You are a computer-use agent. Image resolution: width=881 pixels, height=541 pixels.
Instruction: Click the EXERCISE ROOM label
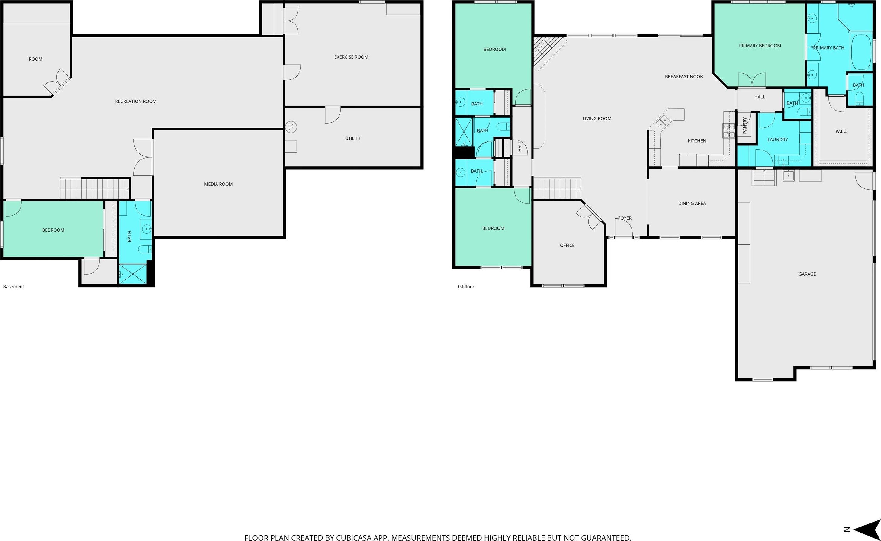[x=351, y=57]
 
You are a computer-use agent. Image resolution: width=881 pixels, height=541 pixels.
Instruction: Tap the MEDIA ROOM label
[x=218, y=184]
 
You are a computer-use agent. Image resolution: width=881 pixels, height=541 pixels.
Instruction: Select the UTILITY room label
[x=353, y=138]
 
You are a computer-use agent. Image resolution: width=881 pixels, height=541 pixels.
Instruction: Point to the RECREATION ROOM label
[x=136, y=101]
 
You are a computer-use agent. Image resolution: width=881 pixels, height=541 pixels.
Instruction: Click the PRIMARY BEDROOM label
[x=760, y=45]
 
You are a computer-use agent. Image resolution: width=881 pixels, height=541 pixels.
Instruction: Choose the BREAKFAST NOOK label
[x=683, y=76]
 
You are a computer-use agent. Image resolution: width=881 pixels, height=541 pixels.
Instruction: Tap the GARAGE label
[x=807, y=274]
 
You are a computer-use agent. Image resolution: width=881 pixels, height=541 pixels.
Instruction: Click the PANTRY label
[x=745, y=126]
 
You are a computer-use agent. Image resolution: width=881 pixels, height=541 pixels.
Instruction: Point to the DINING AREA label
[x=692, y=203]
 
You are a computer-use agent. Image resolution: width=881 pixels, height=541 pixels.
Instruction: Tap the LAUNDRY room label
[x=777, y=140]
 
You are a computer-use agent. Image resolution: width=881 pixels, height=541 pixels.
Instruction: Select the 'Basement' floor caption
[x=14, y=287]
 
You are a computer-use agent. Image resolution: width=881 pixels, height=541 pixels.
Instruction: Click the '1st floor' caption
[x=465, y=287]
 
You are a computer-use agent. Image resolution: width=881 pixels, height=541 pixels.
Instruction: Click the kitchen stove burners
[x=728, y=130]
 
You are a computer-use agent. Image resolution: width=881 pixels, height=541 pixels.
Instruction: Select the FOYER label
[x=625, y=218]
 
